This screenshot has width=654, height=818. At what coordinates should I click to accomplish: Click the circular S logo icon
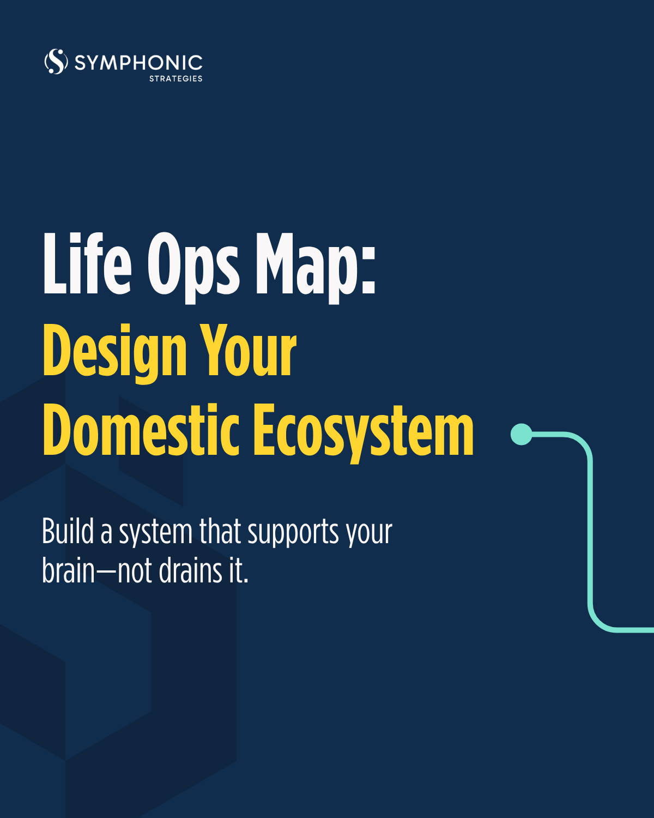[x=56, y=61]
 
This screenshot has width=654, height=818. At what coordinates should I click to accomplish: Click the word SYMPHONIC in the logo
[x=138, y=63]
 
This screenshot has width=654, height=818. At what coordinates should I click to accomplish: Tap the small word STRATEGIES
[x=175, y=79]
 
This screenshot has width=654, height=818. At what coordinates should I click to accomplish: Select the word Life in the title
[x=87, y=263]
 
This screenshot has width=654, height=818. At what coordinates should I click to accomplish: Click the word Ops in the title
[x=193, y=268]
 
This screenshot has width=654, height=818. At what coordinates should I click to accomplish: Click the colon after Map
[x=368, y=270]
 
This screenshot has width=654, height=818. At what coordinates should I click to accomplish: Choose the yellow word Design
[x=115, y=353]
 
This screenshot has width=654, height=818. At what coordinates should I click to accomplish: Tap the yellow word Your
[x=248, y=350]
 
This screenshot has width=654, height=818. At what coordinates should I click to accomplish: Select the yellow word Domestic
[x=141, y=430]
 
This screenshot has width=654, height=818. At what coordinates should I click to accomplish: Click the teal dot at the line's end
[x=522, y=434]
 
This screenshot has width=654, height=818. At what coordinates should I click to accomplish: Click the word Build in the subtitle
[x=68, y=531]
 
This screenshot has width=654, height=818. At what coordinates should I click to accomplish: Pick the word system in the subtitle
[x=156, y=533]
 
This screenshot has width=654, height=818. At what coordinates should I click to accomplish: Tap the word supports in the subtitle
[x=293, y=533]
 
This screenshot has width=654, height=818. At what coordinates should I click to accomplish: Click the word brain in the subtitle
[x=68, y=570]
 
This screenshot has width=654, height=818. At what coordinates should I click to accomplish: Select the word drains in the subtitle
[x=190, y=570]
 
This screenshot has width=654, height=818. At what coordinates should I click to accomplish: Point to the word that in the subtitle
[x=220, y=531]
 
